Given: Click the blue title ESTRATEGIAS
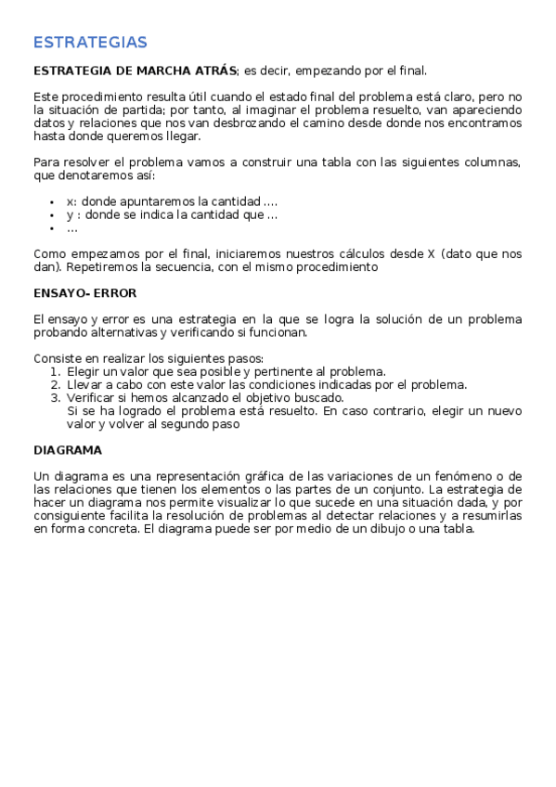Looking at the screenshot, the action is [90, 43].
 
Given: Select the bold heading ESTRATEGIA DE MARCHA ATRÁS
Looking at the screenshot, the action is [136, 71].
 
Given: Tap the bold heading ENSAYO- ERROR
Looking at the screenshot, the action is [84, 293].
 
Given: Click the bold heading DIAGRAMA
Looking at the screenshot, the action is [67, 450].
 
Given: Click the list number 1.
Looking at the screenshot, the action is [56, 371].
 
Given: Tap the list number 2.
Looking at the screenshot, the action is [56, 384].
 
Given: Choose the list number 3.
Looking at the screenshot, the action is [56, 397].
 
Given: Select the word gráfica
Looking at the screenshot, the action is [246, 476].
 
